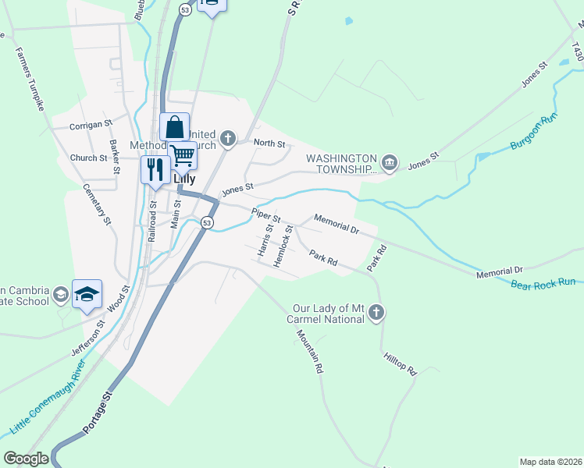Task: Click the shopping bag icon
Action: [x=175, y=126]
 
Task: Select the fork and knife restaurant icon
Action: [x=155, y=168]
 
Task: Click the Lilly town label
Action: [x=183, y=178]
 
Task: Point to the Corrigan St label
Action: [x=91, y=123]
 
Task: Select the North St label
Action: [x=269, y=144]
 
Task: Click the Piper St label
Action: [x=265, y=214]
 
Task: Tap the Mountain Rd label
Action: [x=309, y=352]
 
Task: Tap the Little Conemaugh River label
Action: [x=47, y=402]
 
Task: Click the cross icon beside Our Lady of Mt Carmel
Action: [x=377, y=313]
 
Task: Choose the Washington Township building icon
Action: [x=390, y=162]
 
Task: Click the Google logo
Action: [x=26, y=459]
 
